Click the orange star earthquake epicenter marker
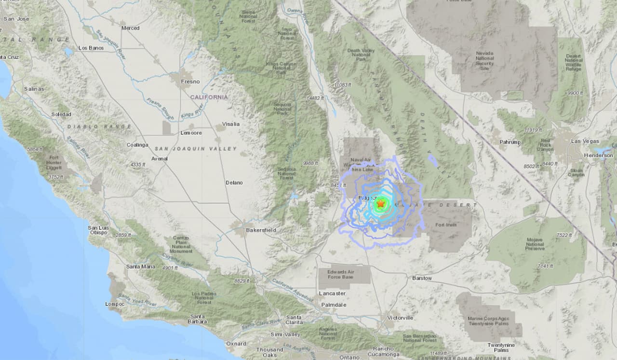click(x=380, y=204)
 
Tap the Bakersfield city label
click(x=261, y=230)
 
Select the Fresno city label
click(x=190, y=81)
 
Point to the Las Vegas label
click(x=582, y=141)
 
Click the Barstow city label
click(x=422, y=279)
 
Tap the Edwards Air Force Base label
click(x=344, y=274)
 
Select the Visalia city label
click(x=230, y=123)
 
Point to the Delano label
click(x=234, y=183)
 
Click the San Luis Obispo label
click(x=98, y=230)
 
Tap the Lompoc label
click(x=115, y=304)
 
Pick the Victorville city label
click(x=400, y=318)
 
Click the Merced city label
click(x=130, y=28)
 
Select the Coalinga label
click(x=137, y=145)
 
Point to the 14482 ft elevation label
click(x=315, y=98)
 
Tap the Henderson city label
click(x=598, y=156)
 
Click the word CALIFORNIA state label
click(x=209, y=97)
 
